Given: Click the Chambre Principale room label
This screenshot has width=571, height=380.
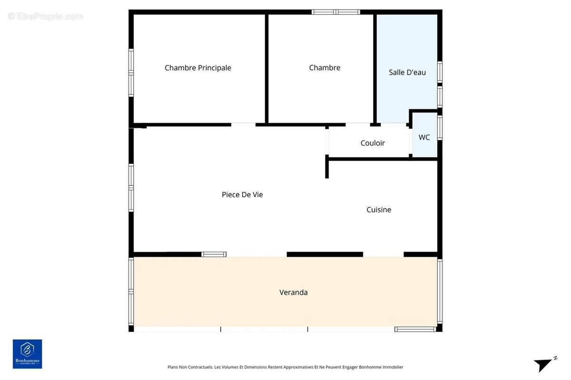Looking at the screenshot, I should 198,68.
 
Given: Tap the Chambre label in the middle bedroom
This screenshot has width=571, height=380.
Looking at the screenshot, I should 325,68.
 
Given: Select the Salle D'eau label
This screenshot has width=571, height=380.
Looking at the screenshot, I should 407,73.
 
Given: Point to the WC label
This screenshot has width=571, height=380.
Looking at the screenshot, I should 424,137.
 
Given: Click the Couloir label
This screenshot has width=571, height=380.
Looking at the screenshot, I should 373,143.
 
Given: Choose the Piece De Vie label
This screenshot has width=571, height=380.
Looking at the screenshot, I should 242,195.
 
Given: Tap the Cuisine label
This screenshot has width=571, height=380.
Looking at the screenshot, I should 379,209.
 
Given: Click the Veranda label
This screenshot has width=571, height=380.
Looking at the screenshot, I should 293,293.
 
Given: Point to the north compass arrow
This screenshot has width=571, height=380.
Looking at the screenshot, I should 544,364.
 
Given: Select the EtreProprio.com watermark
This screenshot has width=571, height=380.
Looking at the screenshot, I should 45,17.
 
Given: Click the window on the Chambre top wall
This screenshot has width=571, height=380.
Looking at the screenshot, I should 336,12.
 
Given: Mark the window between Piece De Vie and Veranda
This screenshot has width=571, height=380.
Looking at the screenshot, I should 214,255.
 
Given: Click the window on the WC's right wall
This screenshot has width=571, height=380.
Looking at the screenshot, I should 440,128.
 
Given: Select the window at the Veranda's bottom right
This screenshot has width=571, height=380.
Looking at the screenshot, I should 415,329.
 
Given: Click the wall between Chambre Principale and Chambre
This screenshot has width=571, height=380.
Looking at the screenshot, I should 266,69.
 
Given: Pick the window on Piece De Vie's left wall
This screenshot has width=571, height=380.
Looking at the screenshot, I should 131,188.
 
